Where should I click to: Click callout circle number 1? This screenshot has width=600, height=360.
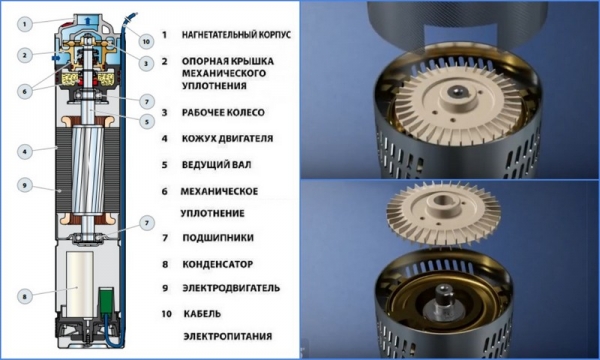click(25, 24)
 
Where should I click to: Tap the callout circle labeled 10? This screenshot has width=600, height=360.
click(146, 41)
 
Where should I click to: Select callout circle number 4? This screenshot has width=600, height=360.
click(25, 151)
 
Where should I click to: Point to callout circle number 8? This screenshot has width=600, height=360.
click(25, 296)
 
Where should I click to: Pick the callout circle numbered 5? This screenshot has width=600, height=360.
click(147, 122)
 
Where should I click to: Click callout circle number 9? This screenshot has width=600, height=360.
click(25, 186)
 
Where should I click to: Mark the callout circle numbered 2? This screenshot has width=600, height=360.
click(25, 55)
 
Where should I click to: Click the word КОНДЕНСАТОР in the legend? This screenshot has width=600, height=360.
click(217, 264)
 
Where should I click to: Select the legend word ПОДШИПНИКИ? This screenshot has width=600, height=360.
click(218, 238)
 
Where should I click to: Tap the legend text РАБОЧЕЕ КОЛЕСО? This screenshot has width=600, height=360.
click(223, 112)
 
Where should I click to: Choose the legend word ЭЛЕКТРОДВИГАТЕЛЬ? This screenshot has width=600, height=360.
click(231, 288)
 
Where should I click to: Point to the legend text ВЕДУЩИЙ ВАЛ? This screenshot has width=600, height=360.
click(217, 165)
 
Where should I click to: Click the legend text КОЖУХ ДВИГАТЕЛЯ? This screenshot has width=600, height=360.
click(227, 138)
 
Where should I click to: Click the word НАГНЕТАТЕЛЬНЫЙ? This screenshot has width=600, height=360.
click(219, 34)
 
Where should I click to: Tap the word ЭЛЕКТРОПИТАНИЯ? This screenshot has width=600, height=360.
click(228, 336)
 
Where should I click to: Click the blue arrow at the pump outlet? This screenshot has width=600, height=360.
click(88, 20)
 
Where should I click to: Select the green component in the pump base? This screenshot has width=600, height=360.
click(107, 300)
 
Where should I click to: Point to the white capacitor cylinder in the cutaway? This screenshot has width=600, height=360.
click(80, 284)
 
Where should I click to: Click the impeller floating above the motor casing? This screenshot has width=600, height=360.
click(443, 213)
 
